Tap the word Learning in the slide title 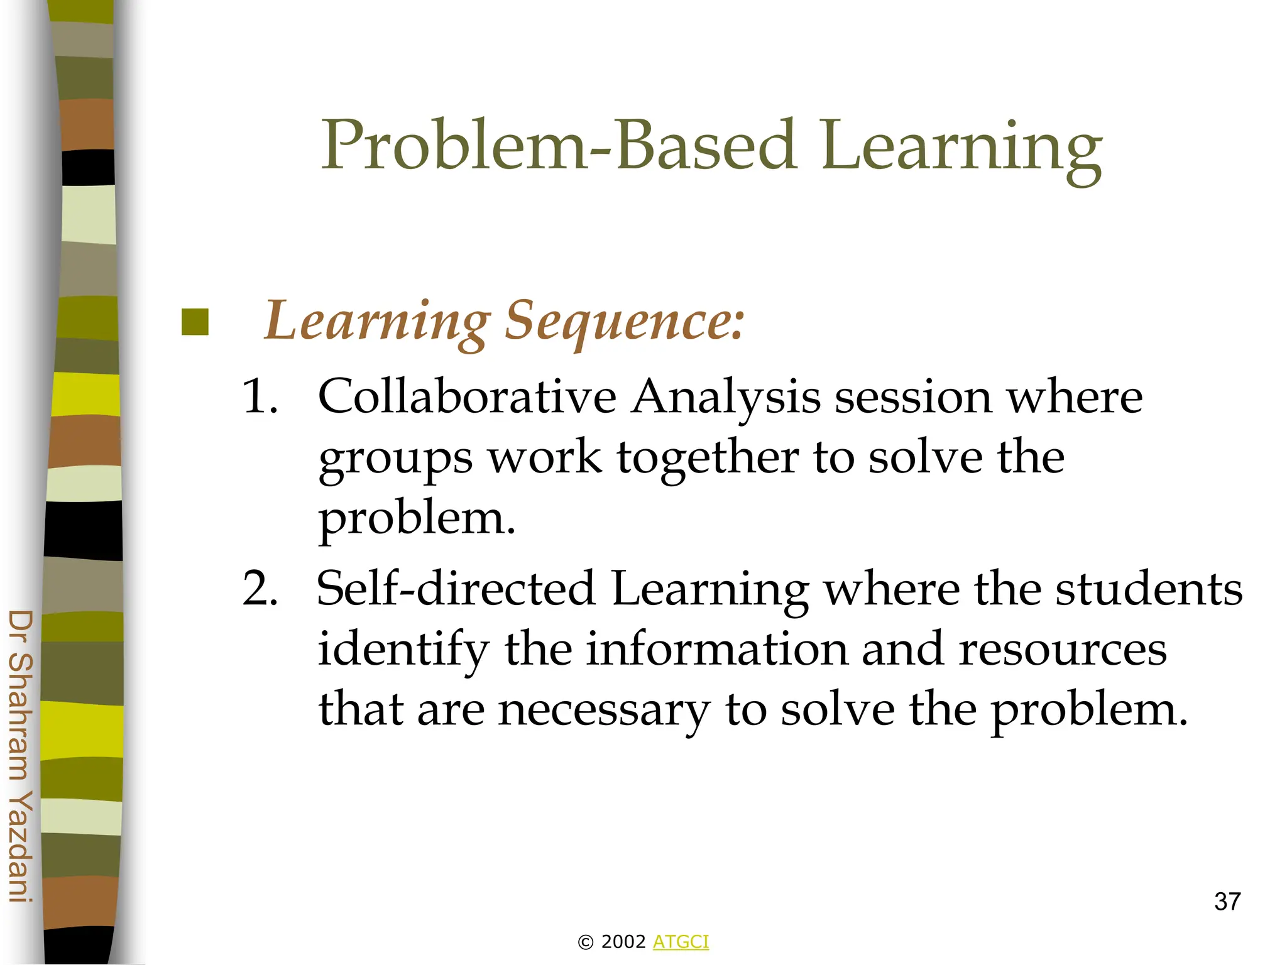tap(961, 148)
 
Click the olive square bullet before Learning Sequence tap(195, 322)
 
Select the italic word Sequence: tap(625, 322)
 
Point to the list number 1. tap(260, 397)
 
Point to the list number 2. tap(260, 589)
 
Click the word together tap(708, 459)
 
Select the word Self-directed tap(456, 589)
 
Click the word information tap(716, 649)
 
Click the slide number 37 tap(1227, 902)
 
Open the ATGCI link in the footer tap(681, 942)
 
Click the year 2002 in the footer tap(623, 942)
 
